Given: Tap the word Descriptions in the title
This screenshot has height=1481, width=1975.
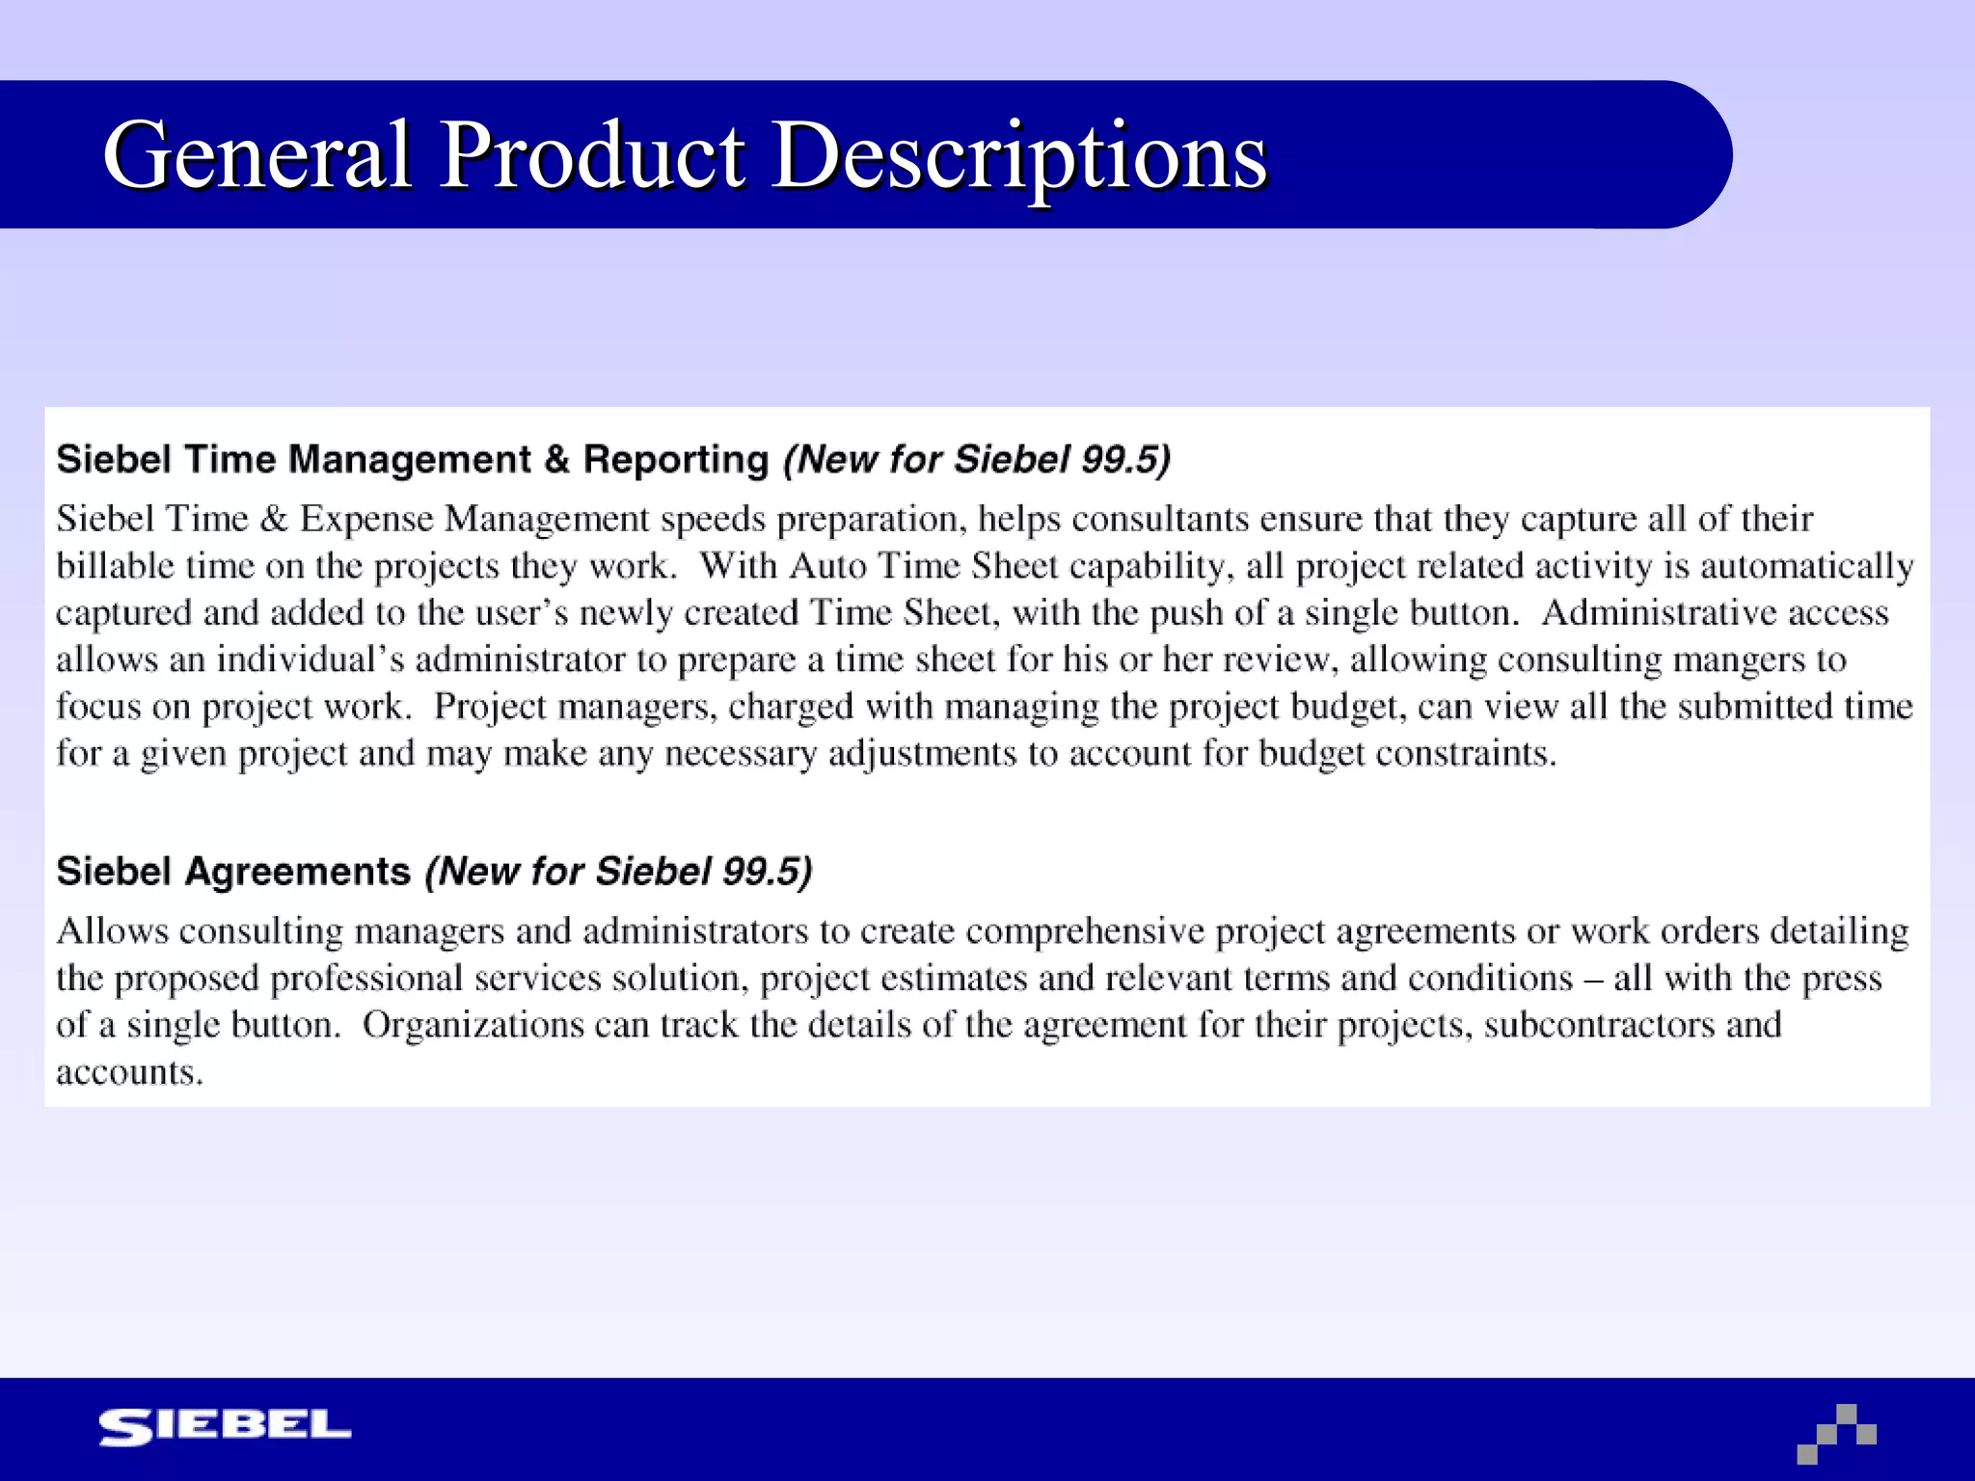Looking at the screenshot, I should [x=1020, y=156].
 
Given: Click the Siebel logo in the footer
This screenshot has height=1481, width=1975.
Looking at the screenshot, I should [x=225, y=1427].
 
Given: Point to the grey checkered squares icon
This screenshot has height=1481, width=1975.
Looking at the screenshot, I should [x=1837, y=1434].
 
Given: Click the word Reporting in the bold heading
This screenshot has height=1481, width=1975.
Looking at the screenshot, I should [x=676, y=460].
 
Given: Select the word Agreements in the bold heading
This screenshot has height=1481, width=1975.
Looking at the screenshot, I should [x=298, y=872].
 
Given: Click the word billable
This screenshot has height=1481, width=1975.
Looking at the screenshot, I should [x=115, y=566].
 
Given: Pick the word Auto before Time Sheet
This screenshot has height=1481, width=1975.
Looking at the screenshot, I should [x=827, y=566].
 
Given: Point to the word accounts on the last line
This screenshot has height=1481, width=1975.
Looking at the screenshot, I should [x=129, y=1072].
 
